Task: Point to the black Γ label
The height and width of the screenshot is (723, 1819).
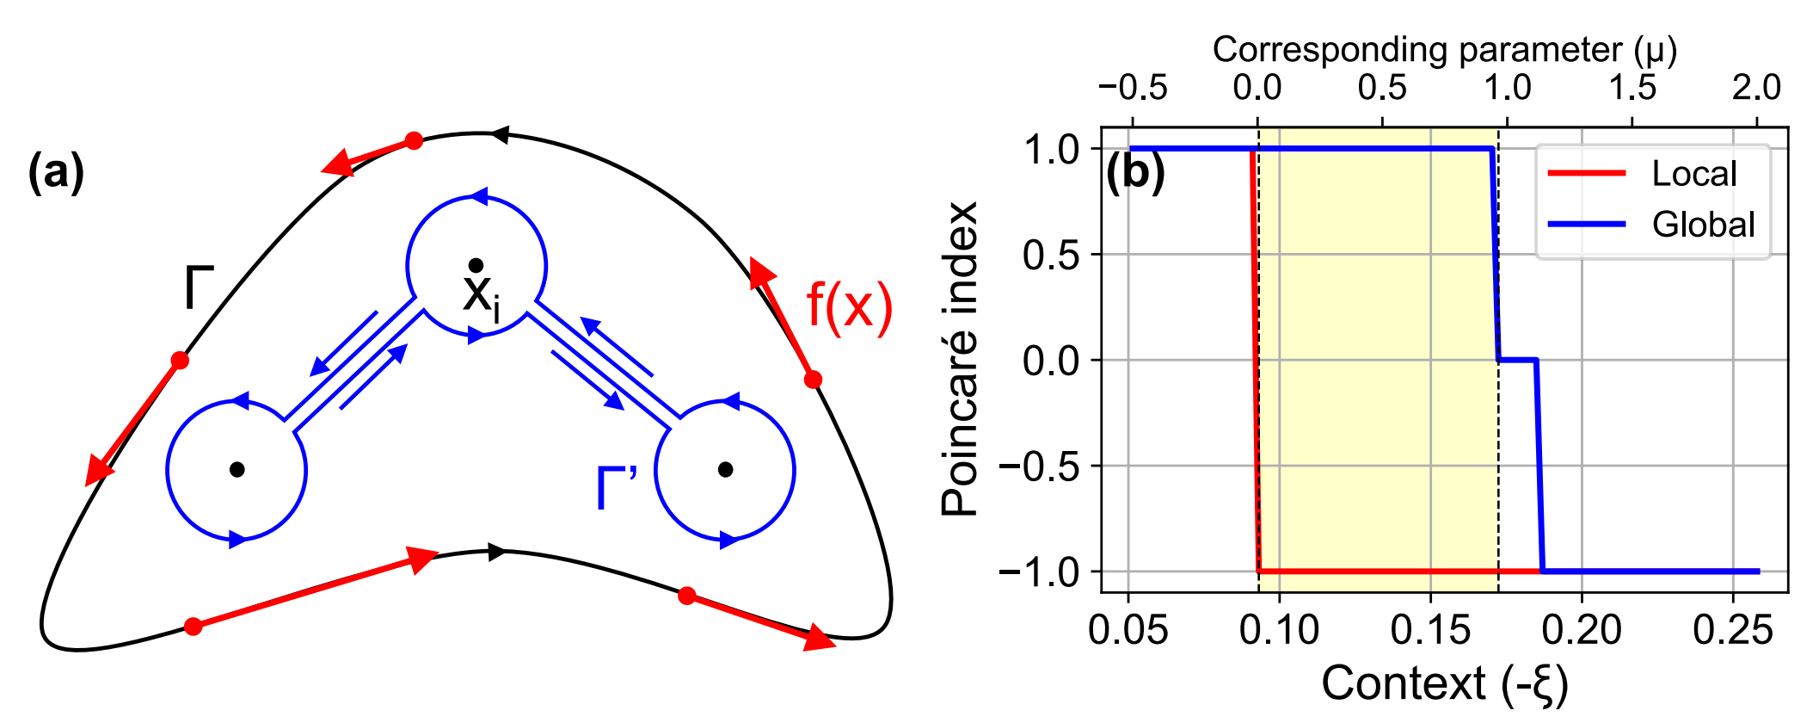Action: [x=198, y=288]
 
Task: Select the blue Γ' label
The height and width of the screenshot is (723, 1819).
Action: [x=617, y=488]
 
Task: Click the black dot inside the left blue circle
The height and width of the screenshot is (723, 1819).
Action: [x=237, y=469]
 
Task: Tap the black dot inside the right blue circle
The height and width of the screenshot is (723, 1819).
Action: [x=725, y=469]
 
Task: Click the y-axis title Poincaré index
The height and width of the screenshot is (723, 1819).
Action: [x=960, y=359]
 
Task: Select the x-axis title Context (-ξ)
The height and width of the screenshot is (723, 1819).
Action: [x=1445, y=685]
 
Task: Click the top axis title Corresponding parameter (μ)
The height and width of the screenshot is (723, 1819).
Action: [x=1445, y=50]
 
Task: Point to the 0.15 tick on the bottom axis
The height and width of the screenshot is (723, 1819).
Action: [x=1430, y=631]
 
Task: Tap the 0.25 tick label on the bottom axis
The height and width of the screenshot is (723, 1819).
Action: [x=1733, y=631]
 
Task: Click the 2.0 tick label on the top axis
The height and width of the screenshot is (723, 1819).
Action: [x=1756, y=88]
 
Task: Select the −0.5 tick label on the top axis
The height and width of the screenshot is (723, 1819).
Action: [x=1133, y=88]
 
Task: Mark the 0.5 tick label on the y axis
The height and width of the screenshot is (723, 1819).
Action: [x=1051, y=255]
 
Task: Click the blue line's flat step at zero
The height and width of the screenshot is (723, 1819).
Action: [x=1518, y=360]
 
